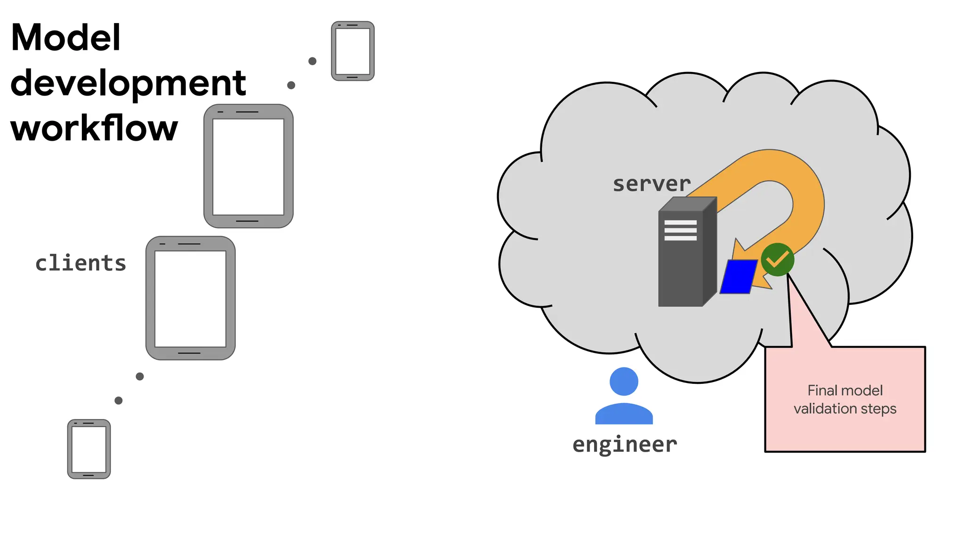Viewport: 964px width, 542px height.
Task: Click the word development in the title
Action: [x=128, y=83]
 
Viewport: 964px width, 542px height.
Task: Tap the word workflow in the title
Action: [x=94, y=128]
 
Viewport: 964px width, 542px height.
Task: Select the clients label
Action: [x=80, y=263]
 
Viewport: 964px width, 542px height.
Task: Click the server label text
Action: [x=651, y=183]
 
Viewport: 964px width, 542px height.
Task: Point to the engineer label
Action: [x=625, y=444]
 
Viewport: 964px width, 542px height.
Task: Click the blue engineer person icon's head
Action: [x=624, y=381]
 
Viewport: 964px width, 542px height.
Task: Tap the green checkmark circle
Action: [x=777, y=259]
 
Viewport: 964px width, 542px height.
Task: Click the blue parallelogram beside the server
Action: [x=738, y=277]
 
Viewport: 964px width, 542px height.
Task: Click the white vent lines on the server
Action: [x=680, y=231]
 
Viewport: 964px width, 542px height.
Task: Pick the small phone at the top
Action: [x=353, y=51]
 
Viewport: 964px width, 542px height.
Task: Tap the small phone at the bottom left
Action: [x=89, y=449]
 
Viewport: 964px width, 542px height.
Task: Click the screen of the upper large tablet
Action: [x=248, y=167]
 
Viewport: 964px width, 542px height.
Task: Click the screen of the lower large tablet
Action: [x=190, y=299]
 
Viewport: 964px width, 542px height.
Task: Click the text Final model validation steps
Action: [x=845, y=399]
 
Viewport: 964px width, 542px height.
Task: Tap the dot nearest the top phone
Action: [x=312, y=61]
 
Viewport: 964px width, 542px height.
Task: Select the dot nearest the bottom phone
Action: [x=119, y=400]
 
